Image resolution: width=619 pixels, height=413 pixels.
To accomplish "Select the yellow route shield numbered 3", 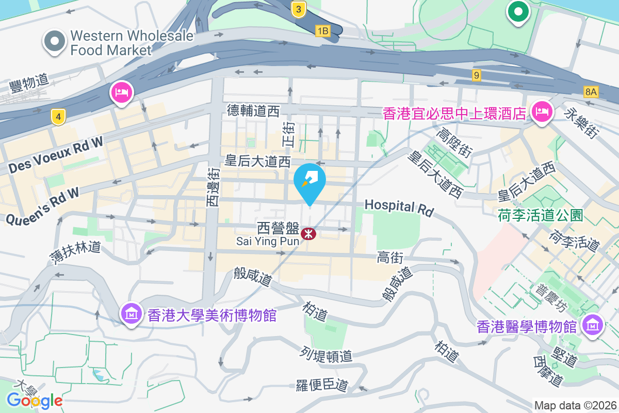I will pos(298,9).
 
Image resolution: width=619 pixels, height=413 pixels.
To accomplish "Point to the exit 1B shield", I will pos(323,31).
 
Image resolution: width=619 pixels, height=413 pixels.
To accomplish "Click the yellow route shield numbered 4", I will pos(59,118).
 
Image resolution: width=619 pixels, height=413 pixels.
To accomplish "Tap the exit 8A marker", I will pos(591,92).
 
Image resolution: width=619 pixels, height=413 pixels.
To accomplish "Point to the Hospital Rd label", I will pos(399,207).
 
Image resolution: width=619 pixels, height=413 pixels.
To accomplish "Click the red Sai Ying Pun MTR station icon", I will pos(308,234).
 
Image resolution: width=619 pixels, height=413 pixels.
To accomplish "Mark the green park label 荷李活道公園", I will pos(540,215).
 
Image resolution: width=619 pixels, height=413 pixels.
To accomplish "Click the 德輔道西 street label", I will pos(253,110).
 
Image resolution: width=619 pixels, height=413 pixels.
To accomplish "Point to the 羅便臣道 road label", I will pos(322,385).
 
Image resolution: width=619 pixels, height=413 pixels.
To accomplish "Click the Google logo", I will pos(35,400).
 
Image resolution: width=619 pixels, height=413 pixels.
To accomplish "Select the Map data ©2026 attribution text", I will pos(575,405).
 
